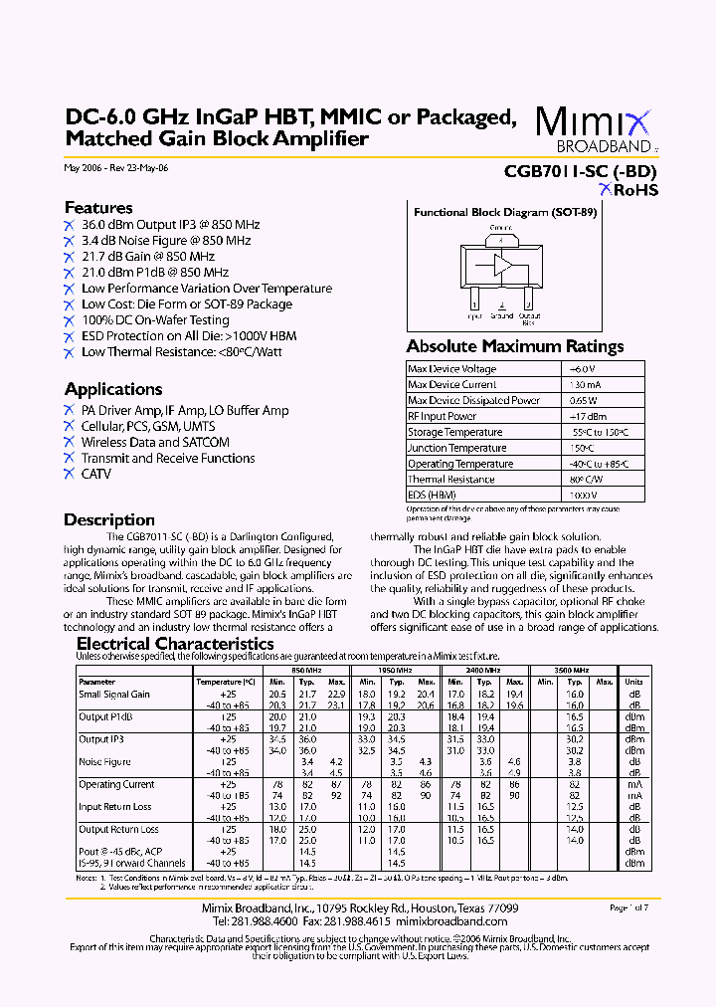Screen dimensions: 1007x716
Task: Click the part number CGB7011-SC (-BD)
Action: point(581,170)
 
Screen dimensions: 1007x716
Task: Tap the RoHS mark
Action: point(626,190)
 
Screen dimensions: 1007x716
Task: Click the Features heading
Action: point(98,208)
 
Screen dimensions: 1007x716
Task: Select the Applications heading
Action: point(113,389)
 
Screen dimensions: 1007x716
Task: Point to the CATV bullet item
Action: point(95,474)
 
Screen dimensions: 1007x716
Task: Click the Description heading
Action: point(109,519)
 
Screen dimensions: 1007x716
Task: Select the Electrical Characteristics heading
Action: point(175,644)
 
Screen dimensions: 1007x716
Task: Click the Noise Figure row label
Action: point(104,762)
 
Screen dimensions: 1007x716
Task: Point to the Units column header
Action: point(633,682)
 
